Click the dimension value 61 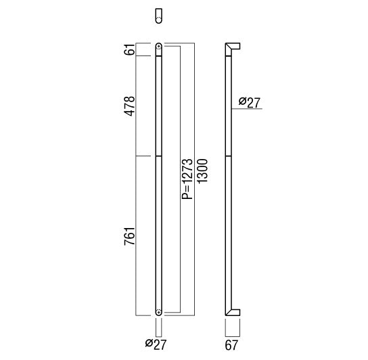click(130, 49)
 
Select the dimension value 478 click(130, 106)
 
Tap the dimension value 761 click(130, 236)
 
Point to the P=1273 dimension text click(187, 179)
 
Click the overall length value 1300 click(202, 171)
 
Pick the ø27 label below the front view click(156, 344)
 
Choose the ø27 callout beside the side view click(250, 102)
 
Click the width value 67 click(231, 345)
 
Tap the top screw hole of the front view click(159, 47)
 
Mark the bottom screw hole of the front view click(159, 313)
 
